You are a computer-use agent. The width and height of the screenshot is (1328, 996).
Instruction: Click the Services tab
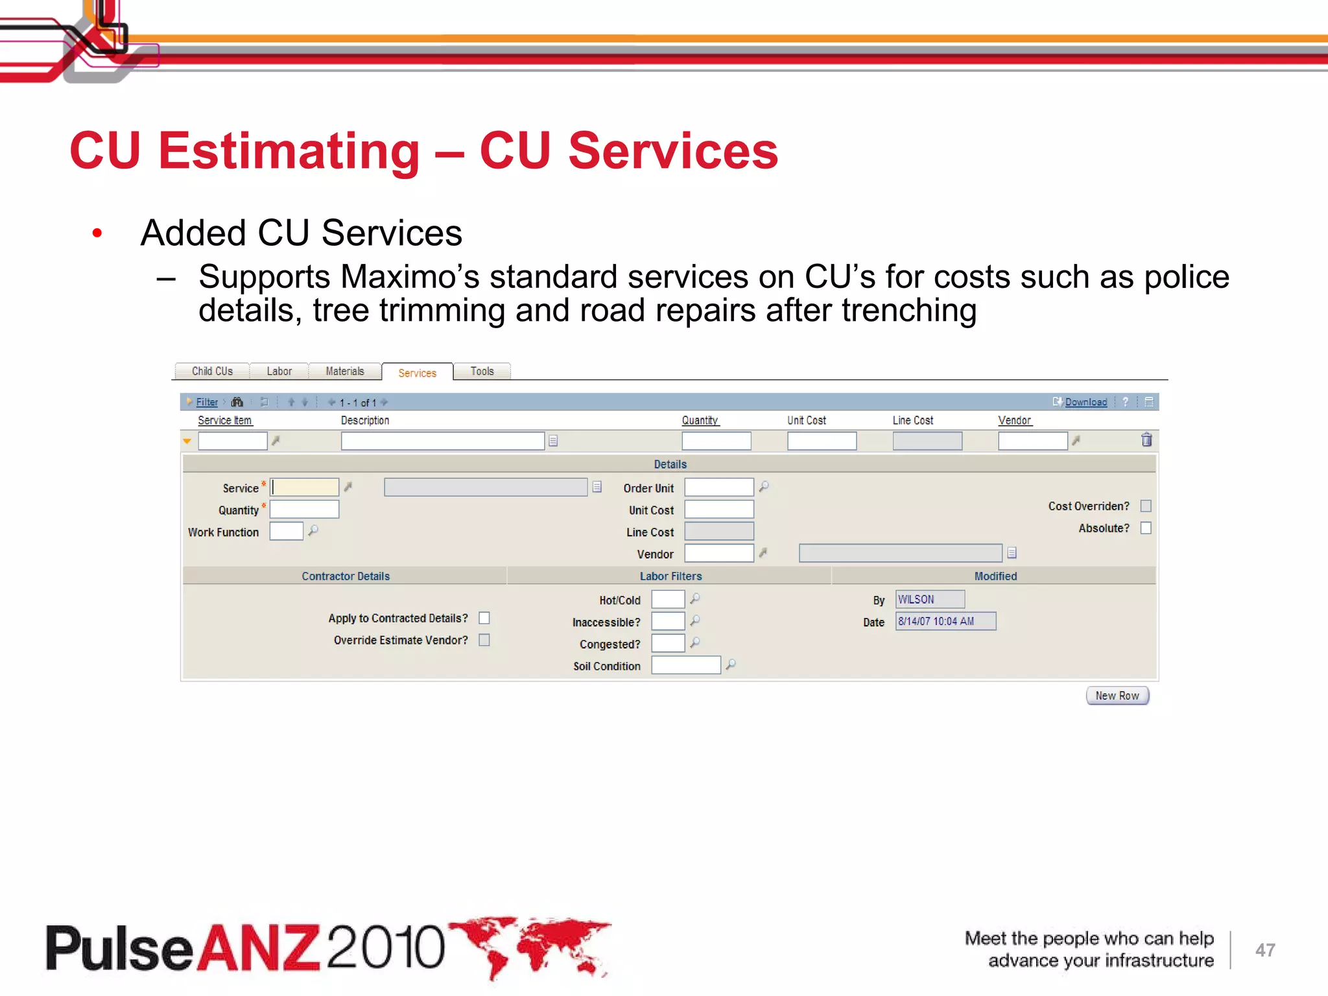click(x=417, y=373)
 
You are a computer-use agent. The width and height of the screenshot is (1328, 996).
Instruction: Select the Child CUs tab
click(x=212, y=371)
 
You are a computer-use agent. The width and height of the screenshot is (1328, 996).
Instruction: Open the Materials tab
click(x=345, y=371)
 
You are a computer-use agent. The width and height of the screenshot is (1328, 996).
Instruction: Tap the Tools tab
click(x=482, y=371)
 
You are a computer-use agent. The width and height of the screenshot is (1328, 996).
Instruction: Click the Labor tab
click(x=279, y=371)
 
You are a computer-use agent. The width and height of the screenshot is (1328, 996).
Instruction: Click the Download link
click(x=1085, y=402)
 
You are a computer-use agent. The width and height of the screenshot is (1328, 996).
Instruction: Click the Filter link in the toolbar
click(x=207, y=402)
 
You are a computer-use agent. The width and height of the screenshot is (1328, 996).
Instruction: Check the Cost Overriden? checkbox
click(x=1146, y=506)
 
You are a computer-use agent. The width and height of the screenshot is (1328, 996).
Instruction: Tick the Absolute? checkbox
click(x=1146, y=528)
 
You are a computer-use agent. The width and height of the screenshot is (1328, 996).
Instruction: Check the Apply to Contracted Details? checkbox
click(x=484, y=618)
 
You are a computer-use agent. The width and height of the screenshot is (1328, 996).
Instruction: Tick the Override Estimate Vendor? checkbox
click(x=484, y=640)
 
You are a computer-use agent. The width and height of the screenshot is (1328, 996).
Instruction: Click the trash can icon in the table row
click(x=1146, y=440)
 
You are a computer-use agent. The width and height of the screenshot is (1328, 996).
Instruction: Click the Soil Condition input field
click(x=685, y=665)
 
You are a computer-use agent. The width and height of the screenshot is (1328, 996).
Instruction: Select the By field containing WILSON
click(x=930, y=599)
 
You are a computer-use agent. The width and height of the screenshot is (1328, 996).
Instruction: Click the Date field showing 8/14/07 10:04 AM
click(x=945, y=621)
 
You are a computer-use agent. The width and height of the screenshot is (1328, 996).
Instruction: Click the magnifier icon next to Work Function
click(x=313, y=531)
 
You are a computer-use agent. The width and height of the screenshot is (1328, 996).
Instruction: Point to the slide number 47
click(x=1265, y=950)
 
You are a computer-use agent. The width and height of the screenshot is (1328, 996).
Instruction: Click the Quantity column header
click(x=700, y=420)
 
